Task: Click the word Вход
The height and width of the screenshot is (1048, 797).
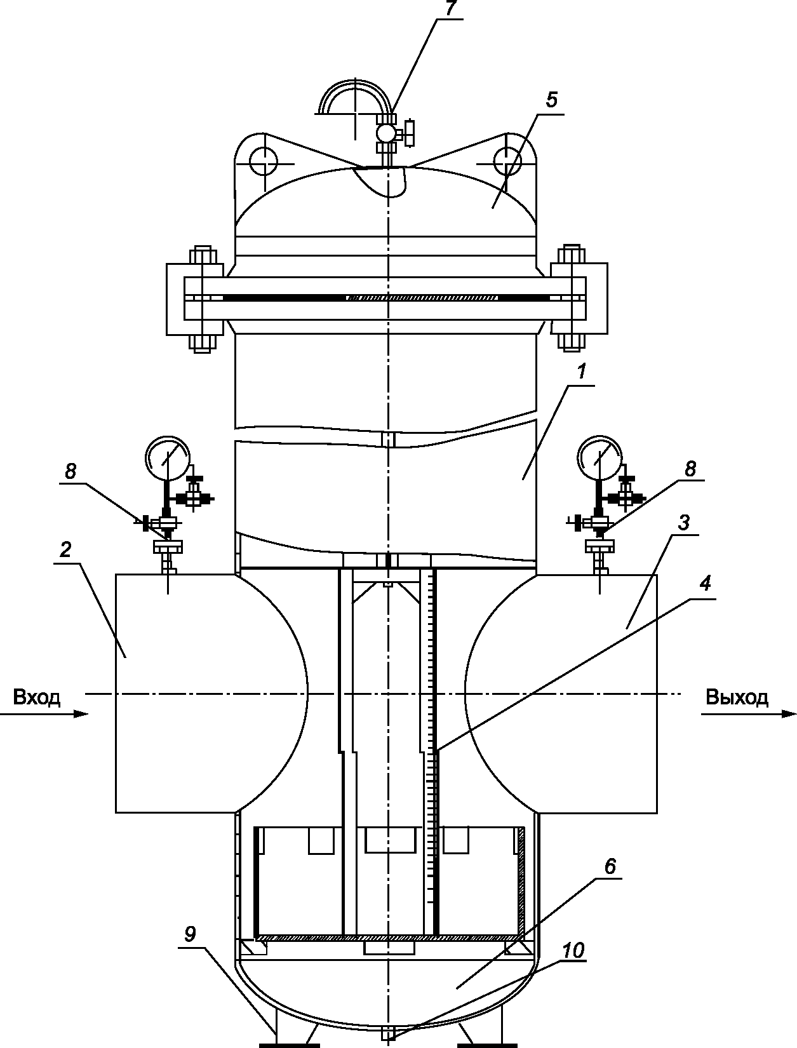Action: click(x=37, y=697)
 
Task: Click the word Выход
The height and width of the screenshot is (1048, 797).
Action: click(x=737, y=697)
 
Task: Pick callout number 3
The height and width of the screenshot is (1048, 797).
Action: click(x=684, y=523)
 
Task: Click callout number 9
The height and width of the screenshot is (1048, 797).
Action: click(x=190, y=934)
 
